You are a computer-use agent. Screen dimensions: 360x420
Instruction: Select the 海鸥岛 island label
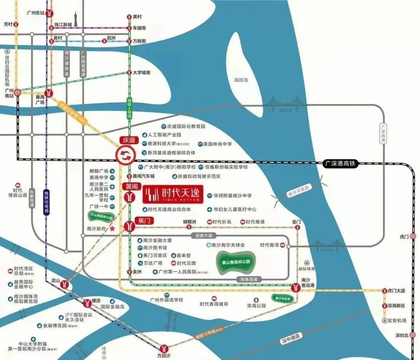pyautogui.click(x=241, y=80)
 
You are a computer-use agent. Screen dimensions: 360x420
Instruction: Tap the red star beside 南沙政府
pyautogui.click(x=113, y=229)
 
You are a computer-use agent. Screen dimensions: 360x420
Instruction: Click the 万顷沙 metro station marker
pyautogui.click(x=165, y=347)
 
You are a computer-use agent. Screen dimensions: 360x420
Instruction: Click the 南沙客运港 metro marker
pyautogui.click(x=295, y=288)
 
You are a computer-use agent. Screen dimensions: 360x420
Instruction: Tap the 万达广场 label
pyautogui.click(x=152, y=263)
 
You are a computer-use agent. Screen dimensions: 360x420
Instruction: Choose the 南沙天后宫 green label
pyautogui.click(x=283, y=298)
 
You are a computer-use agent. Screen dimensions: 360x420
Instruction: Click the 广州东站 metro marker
pyautogui.click(x=49, y=13)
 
